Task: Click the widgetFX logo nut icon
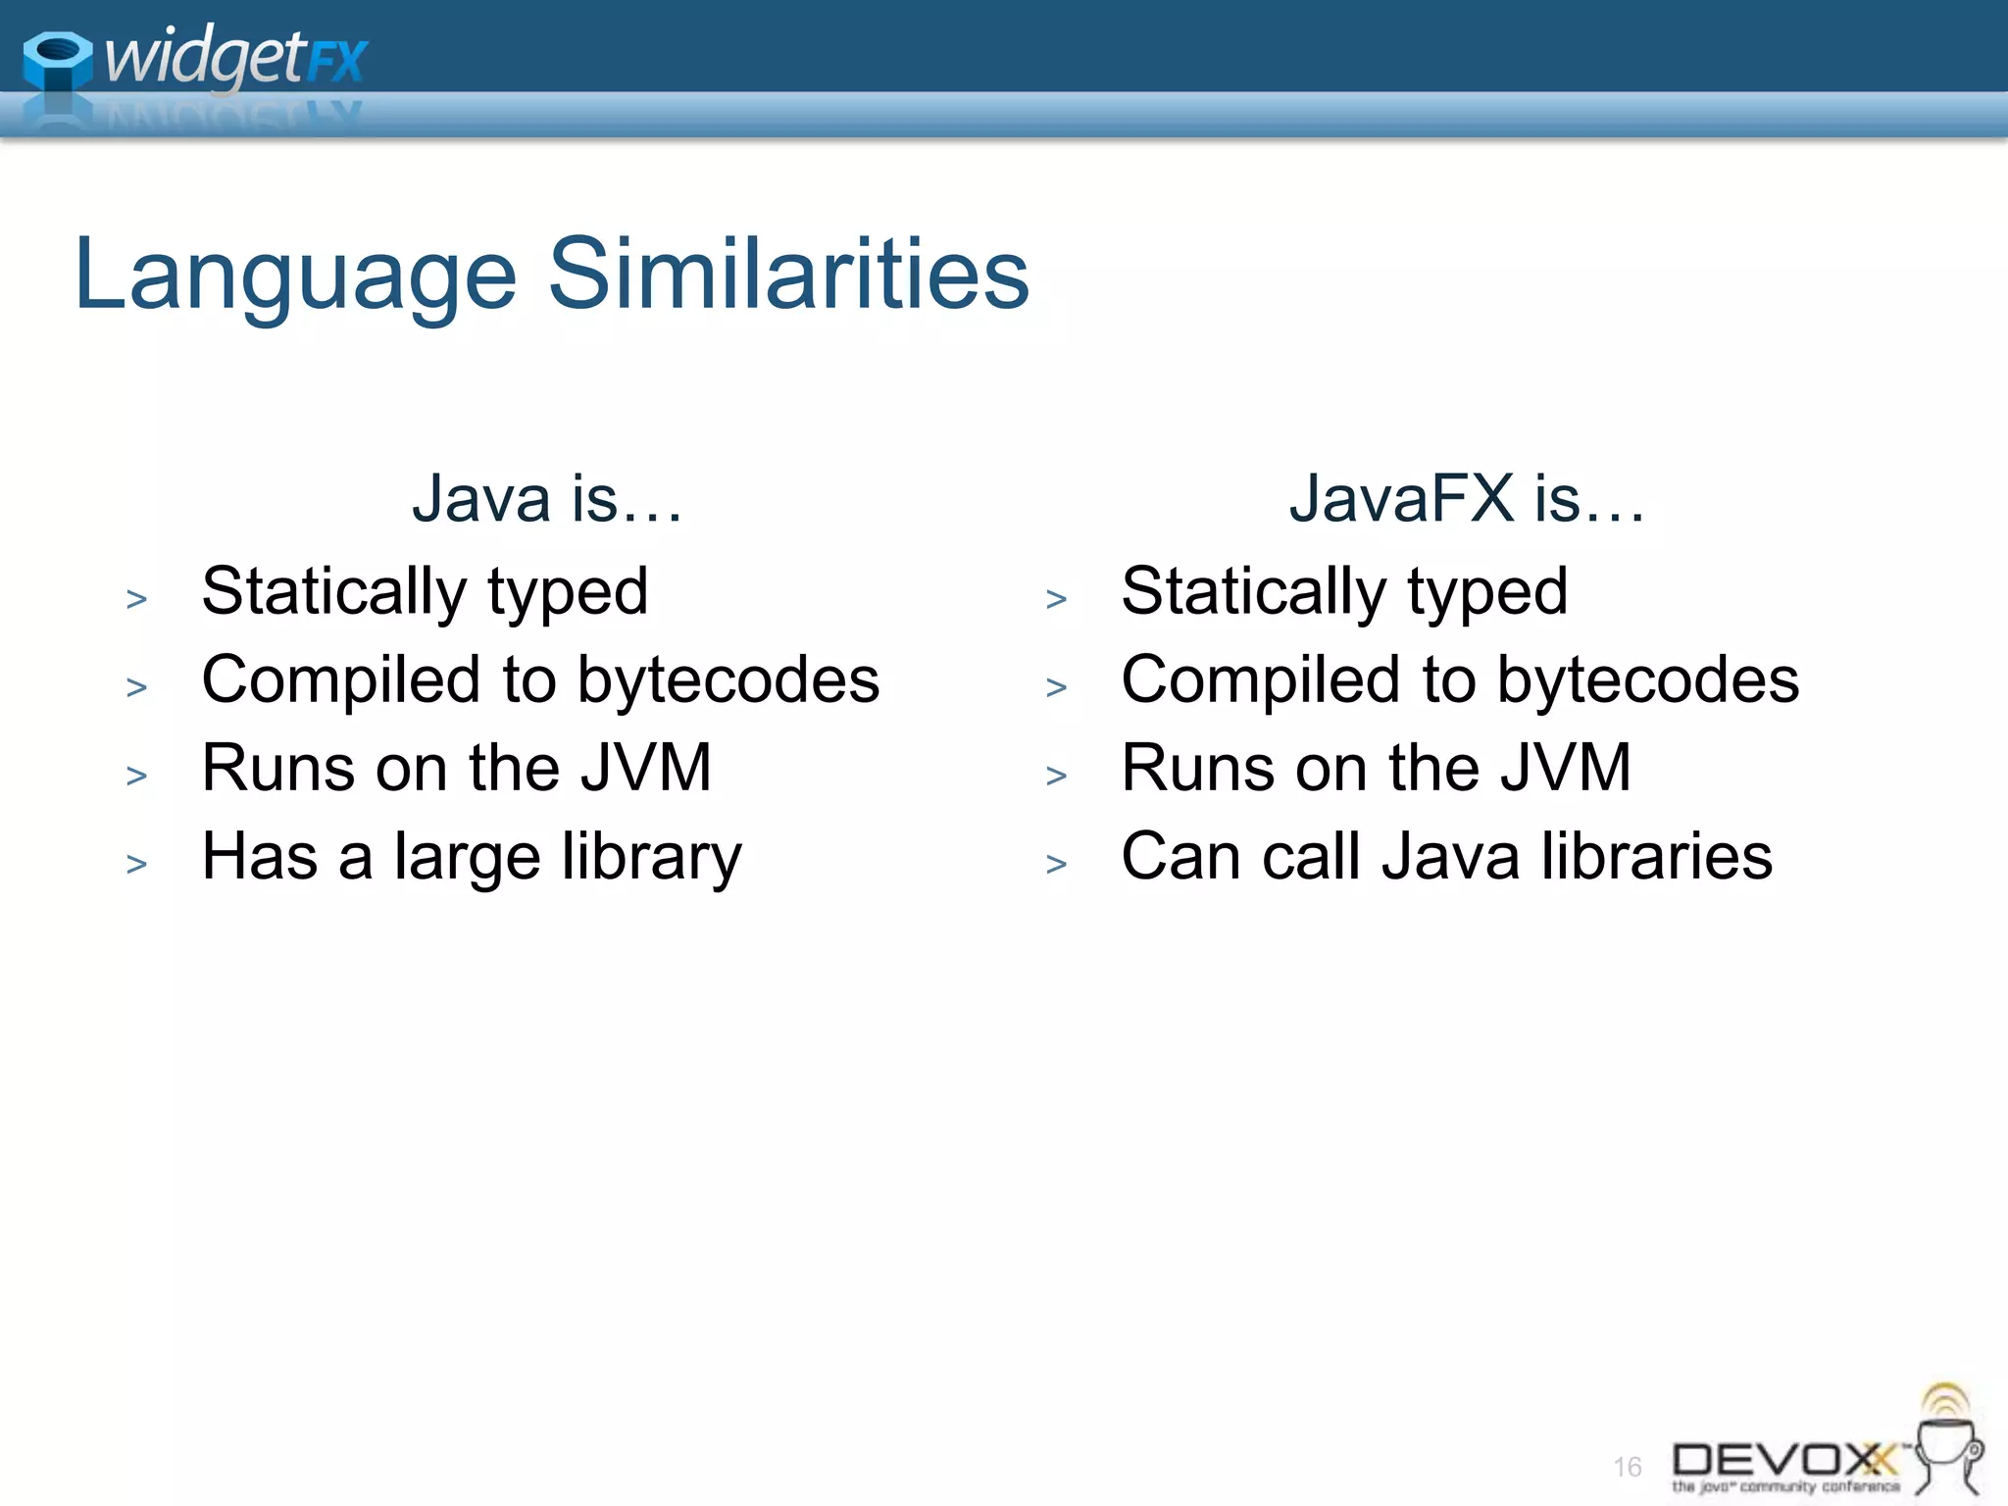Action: click(57, 61)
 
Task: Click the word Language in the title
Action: click(294, 276)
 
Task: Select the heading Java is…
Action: click(546, 499)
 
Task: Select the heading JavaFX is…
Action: click(1466, 499)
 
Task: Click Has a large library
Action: click(471, 857)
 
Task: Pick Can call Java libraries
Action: click(1446, 857)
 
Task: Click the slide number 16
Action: click(1627, 1467)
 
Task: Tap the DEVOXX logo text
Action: click(1782, 1461)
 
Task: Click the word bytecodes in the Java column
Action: click(728, 680)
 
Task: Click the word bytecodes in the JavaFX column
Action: click(1647, 680)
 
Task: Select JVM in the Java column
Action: click(645, 768)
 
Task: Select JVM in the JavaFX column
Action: click(1565, 768)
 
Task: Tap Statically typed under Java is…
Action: click(425, 592)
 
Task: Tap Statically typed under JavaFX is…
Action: click(1344, 592)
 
